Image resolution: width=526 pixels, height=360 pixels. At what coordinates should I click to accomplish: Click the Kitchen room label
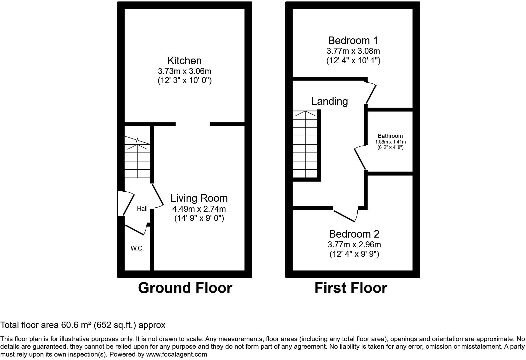click(184, 61)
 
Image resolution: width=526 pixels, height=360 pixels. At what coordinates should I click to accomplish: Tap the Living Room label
click(199, 198)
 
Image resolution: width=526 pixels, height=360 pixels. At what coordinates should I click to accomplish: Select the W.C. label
click(137, 248)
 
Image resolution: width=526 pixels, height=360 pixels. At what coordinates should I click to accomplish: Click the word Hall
click(142, 209)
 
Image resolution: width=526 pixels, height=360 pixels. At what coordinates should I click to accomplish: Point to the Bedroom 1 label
click(353, 41)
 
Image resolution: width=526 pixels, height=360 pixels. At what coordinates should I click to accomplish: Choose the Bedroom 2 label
click(354, 234)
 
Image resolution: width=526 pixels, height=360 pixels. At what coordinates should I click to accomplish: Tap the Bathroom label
click(390, 136)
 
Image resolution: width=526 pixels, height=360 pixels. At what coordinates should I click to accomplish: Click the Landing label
click(329, 101)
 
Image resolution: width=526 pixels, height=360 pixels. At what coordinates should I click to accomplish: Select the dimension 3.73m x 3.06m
click(184, 71)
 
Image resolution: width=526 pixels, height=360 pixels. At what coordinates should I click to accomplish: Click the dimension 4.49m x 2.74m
click(199, 209)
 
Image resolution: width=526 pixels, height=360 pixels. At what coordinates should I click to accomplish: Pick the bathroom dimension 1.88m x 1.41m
click(390, 142)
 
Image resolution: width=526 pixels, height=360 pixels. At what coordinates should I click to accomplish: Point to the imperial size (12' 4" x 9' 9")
click(354, 254)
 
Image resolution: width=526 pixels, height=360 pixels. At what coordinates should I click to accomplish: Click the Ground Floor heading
click(185, 288)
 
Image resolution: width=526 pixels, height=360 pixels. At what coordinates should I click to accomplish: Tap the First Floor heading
click(350, 288)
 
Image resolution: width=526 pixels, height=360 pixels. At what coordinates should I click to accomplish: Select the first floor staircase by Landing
click(305, 145)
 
